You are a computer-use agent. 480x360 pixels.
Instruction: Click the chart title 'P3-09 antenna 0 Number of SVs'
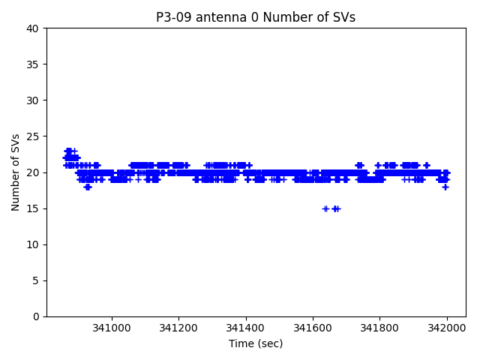click(x=256, y=17)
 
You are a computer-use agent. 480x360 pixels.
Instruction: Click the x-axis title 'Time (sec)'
click(x=256, y=343)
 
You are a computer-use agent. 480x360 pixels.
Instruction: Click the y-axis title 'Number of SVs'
click(x=16, y=172)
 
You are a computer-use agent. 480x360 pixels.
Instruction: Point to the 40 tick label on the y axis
click(x=33, y=28)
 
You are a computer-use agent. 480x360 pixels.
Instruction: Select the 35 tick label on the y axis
click(x=33, y=64)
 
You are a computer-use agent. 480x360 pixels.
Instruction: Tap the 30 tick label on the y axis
click(x=33, y=100)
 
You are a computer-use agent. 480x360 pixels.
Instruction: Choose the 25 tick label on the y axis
click(x=33, y=136)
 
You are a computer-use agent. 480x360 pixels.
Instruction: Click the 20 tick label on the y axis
click(x=33, y=172)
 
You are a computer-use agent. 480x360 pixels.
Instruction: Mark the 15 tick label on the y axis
click(x=33, y=208)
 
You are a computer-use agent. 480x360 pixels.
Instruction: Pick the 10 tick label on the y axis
click(x=33, y=244)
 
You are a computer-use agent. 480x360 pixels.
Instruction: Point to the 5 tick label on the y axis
click(x=36, y=280)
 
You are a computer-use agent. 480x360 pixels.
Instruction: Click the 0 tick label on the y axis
click(x=36, y=316)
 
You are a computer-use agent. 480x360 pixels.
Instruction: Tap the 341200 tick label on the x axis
click(x=179, y=328)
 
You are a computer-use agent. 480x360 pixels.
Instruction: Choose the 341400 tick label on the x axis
click(x=247, y=328)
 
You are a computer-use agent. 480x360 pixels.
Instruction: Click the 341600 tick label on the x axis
click(x=313, y=328)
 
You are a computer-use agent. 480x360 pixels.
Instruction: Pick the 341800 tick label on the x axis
click(x=380, y=328)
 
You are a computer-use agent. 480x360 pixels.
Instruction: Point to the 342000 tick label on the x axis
click(x=448, y=328)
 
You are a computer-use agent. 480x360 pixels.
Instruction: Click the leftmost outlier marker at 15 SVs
click(x=325, y=208)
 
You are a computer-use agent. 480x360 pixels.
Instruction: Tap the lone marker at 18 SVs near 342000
click(x=445, y=187)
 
